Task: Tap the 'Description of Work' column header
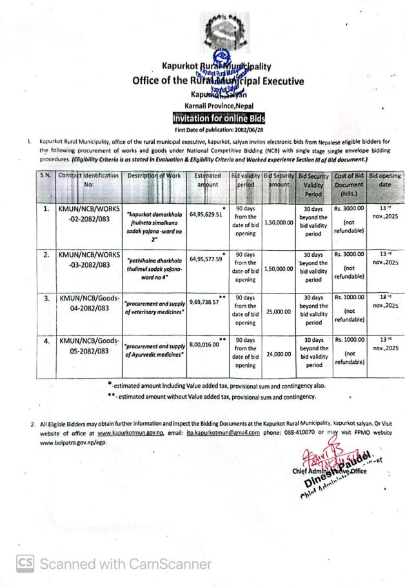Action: (154, 175)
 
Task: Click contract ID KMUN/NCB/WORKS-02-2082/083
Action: (89, 214)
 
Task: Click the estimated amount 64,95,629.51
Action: (206, 215)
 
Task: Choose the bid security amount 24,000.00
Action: (279, 354)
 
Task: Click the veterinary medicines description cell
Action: (154, 307)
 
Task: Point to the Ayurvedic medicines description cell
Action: (154, 350)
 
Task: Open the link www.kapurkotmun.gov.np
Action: (134, 433)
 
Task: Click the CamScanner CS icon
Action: (25, 564)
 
